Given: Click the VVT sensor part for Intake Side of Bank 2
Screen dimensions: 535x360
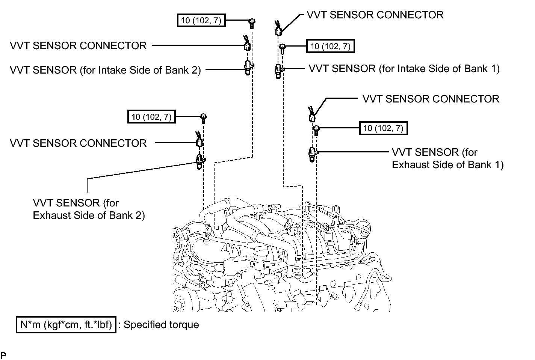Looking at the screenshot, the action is (248, 68).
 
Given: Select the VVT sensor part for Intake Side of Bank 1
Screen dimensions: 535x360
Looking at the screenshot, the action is (278, 71).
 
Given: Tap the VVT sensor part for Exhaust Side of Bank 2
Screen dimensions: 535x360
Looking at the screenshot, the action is (200, 161).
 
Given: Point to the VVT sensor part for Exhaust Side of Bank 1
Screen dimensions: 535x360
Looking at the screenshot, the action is (313, 155).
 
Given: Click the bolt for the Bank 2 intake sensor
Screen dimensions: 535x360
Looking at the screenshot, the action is (252, 24).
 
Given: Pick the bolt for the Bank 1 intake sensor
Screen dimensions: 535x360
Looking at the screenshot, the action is (282, 49).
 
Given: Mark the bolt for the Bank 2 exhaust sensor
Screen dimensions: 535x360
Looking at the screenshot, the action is (204, 119).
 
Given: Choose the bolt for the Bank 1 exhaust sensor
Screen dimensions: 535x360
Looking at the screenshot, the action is (316, 131).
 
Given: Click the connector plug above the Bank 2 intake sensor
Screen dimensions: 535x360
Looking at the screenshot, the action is (247, 44).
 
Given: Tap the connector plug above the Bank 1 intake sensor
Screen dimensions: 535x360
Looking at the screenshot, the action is (278, 28).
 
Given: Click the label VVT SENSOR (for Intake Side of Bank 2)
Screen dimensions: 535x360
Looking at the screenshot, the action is (105, 70).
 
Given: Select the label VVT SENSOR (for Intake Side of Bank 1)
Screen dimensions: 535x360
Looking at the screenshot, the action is (404, 69).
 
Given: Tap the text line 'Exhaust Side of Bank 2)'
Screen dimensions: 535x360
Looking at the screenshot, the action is (89, 215).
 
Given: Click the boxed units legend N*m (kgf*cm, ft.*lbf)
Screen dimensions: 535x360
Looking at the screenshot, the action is (66, 325).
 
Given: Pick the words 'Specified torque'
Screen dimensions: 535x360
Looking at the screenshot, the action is (161, 325).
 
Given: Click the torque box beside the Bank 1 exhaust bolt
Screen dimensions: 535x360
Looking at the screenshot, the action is (384, 128).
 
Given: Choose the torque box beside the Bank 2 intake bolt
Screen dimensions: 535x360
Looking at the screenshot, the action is (201, 20).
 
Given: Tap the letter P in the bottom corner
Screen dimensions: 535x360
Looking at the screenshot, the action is (3, 355).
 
